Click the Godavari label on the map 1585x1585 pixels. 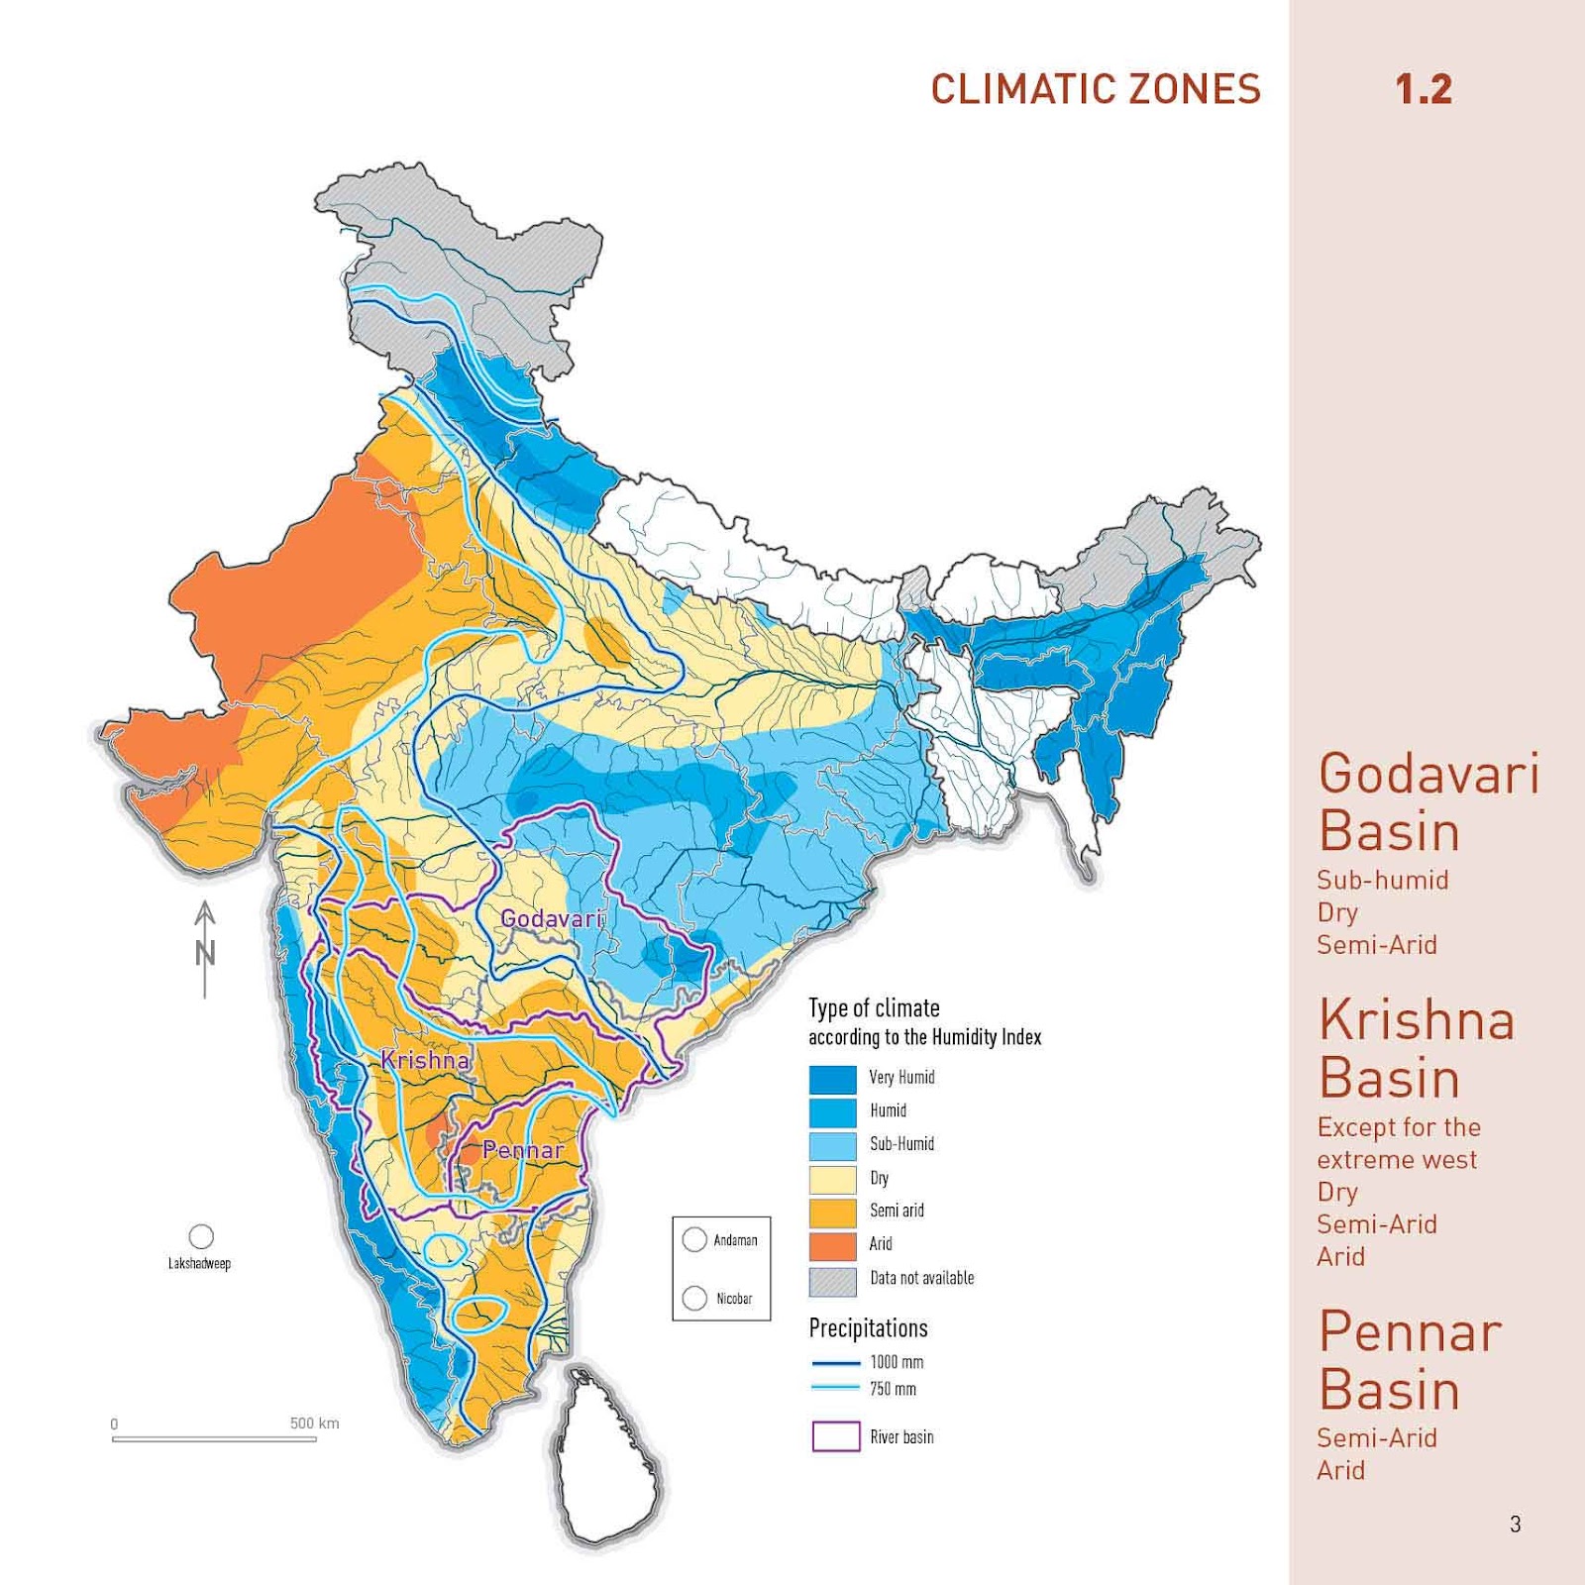coord(552,918)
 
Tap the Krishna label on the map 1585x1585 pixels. coord(425,1060)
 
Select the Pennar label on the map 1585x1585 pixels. coord(523,1150)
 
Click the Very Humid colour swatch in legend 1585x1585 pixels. coord(832,1079)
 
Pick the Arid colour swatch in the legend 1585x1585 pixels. coord(832,1245)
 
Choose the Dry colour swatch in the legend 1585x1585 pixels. coord(832,1179)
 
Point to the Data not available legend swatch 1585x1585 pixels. coord(832,1281)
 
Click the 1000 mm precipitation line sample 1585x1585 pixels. coord(835,1363)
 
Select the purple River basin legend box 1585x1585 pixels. coord(835,1436)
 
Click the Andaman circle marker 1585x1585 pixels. coord(694,1239)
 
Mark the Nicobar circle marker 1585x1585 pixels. coord(694,1298)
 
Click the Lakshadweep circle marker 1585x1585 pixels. coord(201,1236)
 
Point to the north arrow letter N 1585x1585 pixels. coord(205,953)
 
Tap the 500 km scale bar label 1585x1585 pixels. coord(314,1424)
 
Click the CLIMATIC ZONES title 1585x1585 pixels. coord(1096,89)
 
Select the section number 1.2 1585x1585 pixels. coord(1424,89)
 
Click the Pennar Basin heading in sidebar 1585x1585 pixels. coord(1409,1360)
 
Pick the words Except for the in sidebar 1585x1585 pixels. coord(1399,1127)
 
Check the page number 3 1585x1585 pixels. coord(1515,1524)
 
